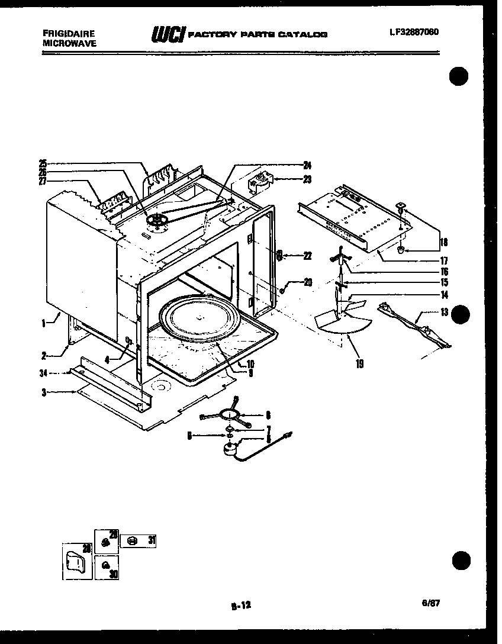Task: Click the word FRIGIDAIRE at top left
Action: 69,34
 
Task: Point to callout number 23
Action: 307,179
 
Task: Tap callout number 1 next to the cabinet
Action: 44,323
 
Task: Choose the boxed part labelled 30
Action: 106,567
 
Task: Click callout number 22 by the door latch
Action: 307,256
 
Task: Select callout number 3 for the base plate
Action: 44,392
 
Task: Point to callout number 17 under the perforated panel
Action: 443,260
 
